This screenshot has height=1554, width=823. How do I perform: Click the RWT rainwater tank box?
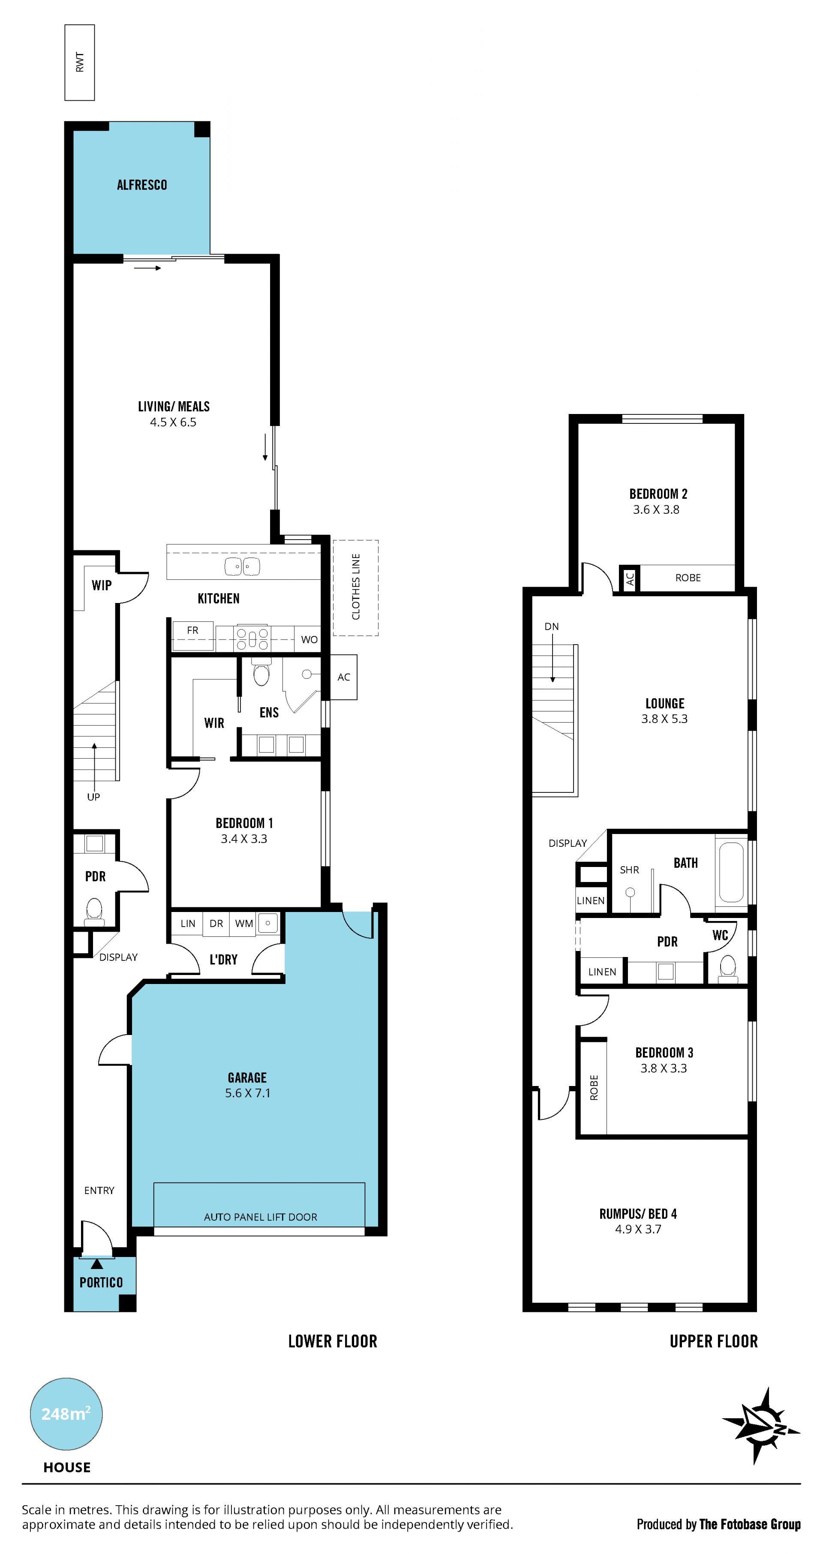(x=80, y=62)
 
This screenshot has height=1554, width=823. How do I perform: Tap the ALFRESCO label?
(x=142, y=185)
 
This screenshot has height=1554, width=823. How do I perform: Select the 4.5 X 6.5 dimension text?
(x=173, y=422)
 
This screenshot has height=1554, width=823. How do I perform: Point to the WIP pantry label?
(x=101, y=585)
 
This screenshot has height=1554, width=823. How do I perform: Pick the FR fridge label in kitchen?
(x=192, y=630)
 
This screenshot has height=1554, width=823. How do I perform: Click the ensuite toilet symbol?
(x=261, y=672)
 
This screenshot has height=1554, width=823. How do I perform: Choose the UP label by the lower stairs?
(x=93, y=797)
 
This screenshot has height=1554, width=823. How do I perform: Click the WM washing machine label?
(x=244, y=924)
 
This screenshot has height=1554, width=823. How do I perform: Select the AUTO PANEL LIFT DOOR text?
(x=261, y=1218)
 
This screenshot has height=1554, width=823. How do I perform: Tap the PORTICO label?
(x=101, y=1283)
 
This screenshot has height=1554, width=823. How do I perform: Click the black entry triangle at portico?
(x=96, y=1264)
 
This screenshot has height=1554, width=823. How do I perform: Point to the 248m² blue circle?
(x=66, y=1414)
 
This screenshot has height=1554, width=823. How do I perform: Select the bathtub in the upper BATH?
(x=731, y=872)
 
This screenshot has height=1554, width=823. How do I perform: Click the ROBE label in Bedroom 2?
(x=688, y=578)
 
